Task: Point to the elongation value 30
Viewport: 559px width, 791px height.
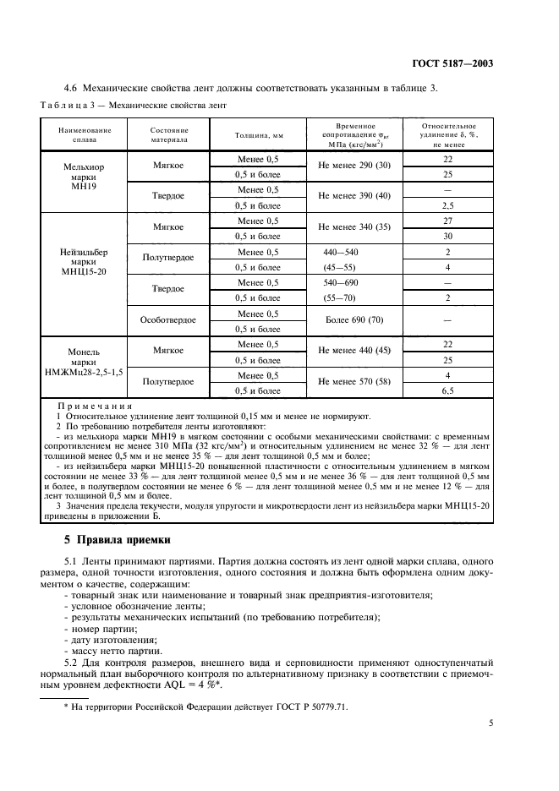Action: coord(448,237)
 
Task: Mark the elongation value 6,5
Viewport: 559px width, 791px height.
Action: coord(448,391)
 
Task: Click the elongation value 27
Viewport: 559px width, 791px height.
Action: coord(448,221)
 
